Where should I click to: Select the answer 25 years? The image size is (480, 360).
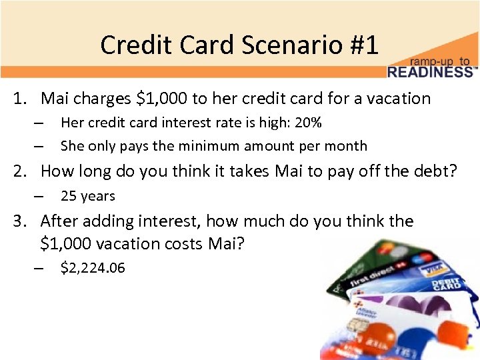click(x=87, y=196)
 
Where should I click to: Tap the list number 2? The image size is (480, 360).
click(x=19, y=171)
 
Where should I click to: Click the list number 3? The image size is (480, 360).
click(x=19, y=221)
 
